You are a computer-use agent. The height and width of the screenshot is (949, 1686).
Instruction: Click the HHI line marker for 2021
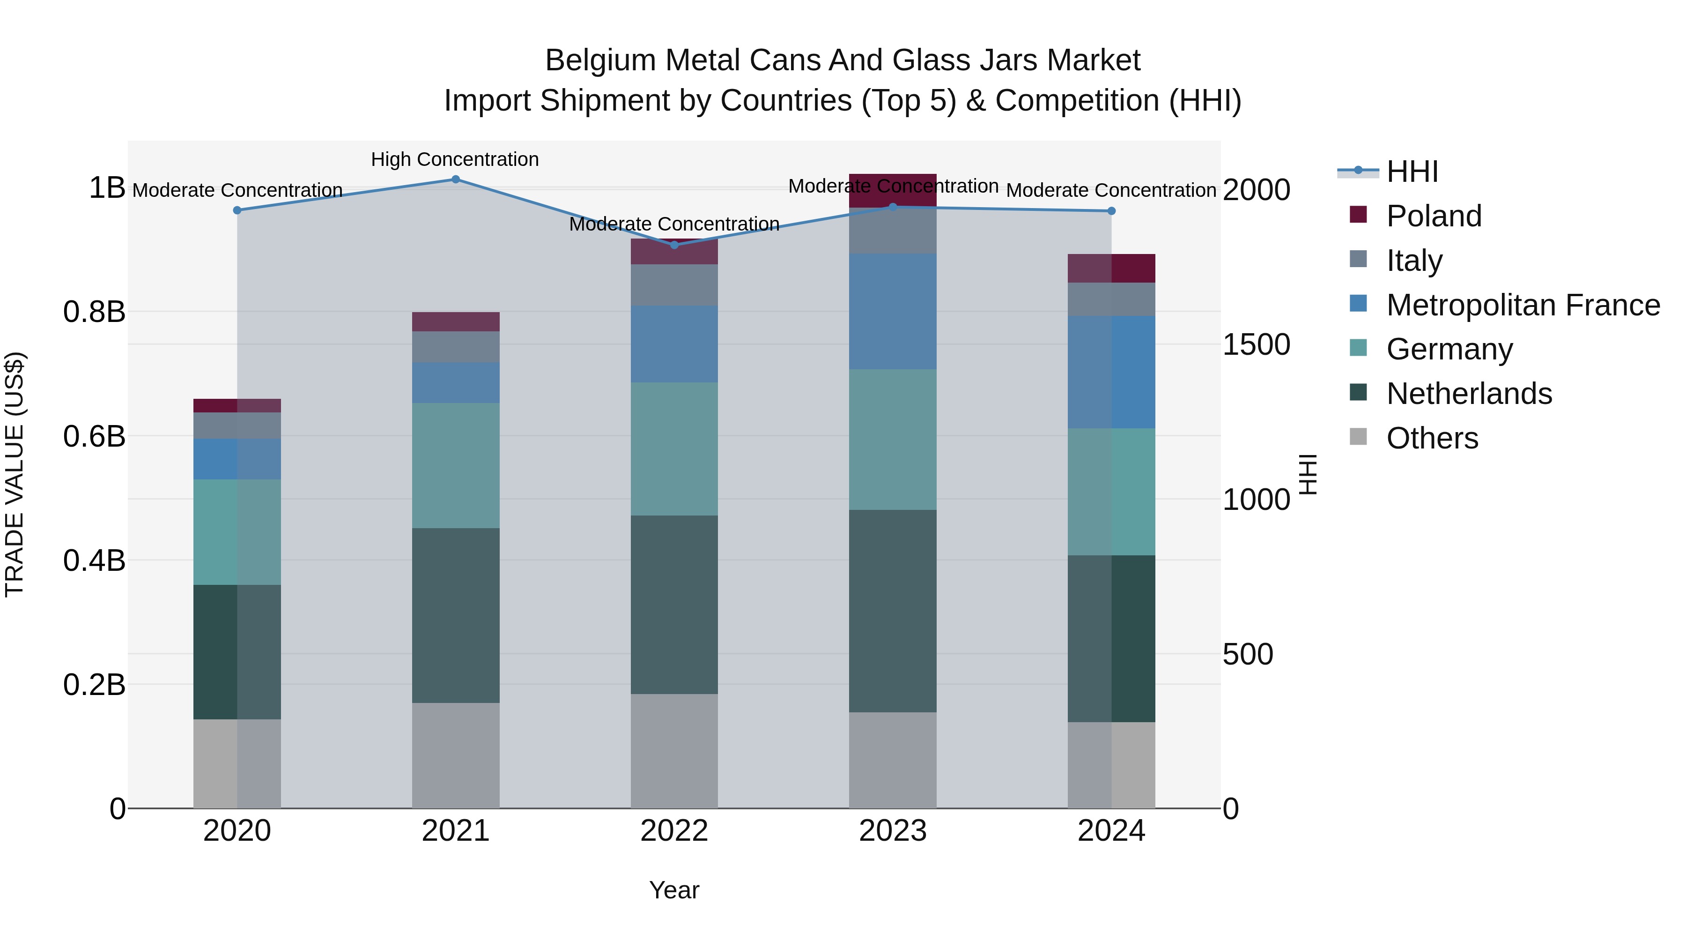456,179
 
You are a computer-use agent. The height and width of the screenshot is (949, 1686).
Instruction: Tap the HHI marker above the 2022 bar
674,245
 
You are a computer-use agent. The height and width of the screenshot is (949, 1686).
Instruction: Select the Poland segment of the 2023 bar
893,190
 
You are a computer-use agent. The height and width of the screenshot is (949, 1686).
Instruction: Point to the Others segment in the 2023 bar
893,760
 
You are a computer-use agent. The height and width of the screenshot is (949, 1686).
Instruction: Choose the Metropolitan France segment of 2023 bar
893,311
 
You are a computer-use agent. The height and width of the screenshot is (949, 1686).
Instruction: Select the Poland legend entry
1434,216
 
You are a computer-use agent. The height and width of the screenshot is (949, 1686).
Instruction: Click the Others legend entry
1432,438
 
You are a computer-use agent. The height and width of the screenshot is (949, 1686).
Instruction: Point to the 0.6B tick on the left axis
94,436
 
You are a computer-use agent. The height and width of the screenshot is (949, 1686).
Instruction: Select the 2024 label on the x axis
1111,831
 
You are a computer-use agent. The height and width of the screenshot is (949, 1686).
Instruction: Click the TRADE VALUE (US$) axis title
15,474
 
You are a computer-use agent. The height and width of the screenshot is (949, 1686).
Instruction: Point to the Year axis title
674,890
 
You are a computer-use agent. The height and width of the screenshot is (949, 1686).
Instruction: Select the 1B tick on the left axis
107,188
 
